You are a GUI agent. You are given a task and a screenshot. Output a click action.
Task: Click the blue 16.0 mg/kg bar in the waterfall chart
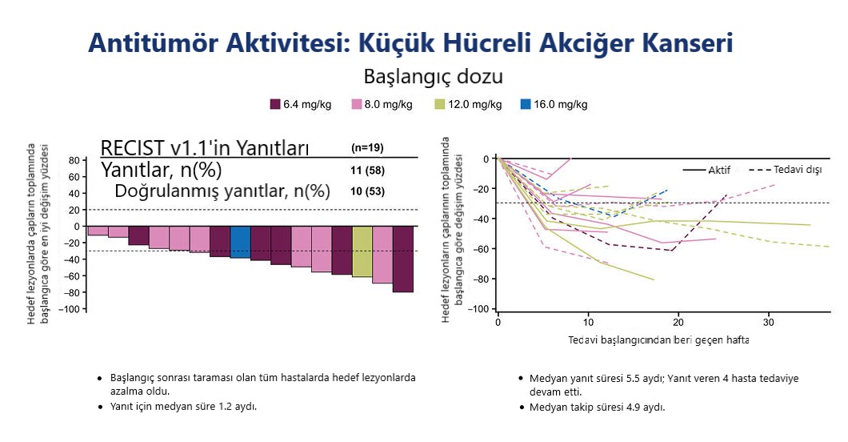click(x=240, y=242)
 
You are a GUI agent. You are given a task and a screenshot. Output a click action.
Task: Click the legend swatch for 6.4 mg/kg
click(x=275, y=104)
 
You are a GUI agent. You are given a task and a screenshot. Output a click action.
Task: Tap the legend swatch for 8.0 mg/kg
click(x=357, y=104)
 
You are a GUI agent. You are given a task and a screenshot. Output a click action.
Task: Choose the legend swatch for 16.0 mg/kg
click(x=525, y=104)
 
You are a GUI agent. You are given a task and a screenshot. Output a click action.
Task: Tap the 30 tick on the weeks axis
click(x=769, y=322)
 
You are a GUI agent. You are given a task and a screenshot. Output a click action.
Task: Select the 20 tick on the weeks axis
click(x=678, y=322)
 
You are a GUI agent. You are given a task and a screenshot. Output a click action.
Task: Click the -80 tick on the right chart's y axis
click(x=479, y=279)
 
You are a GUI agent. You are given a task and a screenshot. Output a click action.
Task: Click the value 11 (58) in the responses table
click(x=367, y=171)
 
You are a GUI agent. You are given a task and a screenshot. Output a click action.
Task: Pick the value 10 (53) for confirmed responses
click(x=367, y=191)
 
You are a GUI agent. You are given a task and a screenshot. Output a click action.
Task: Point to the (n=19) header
click(x=367, y=148)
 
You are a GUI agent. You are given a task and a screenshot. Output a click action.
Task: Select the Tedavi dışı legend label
click(x=798, y=171)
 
